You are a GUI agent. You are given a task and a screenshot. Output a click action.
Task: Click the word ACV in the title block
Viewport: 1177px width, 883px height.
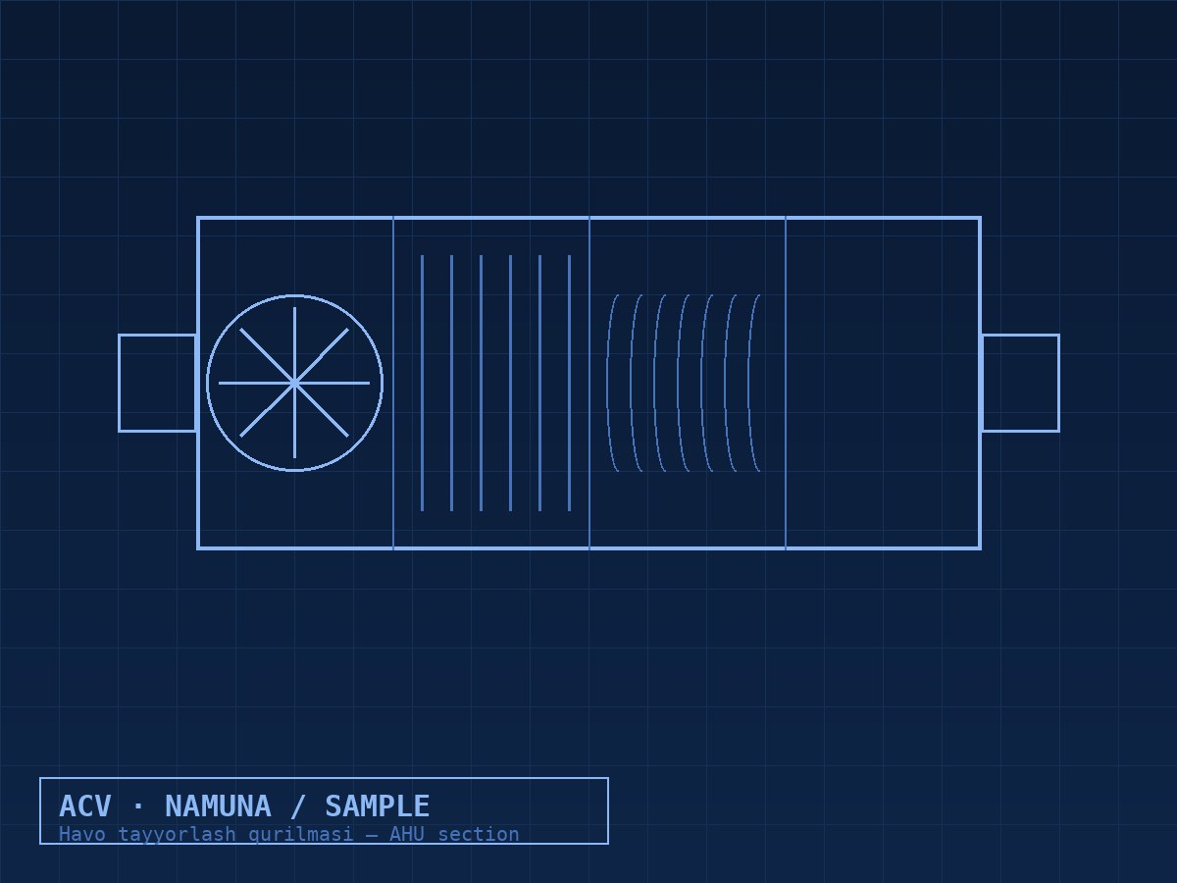point(85,806)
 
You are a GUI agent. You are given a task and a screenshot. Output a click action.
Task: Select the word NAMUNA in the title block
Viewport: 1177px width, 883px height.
point(219,806)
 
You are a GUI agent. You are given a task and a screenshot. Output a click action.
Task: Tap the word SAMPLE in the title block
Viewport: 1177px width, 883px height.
point(378,806)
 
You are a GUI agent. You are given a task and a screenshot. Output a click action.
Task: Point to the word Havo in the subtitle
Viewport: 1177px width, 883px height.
point(82,834)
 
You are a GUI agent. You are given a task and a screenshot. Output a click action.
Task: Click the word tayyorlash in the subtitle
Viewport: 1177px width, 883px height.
point(177,835)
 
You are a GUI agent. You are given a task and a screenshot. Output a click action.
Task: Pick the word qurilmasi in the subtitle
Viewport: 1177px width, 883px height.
point(301,835)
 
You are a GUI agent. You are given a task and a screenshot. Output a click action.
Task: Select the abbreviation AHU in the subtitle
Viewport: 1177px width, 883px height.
point(407,834)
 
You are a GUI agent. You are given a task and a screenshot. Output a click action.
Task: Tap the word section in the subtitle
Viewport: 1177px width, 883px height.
point(479,834)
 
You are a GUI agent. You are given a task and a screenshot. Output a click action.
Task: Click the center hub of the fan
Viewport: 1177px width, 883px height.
point(294,383)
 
